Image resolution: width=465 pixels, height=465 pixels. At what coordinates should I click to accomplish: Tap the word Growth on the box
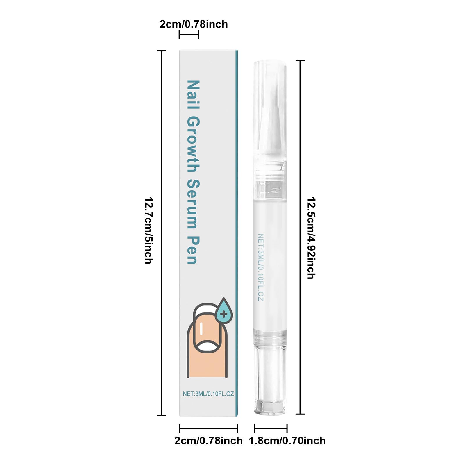pyautogui.click(x=193, y=144)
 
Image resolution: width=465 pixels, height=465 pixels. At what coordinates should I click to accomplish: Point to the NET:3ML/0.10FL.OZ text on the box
pyautogui.click(x=208, y=394)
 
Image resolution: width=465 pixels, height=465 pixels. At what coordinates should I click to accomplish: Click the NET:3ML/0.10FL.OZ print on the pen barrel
pyautogui.click(x=261, y=267)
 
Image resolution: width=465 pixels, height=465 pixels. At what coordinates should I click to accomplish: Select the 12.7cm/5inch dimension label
pyautogui.click(x=149, y=230)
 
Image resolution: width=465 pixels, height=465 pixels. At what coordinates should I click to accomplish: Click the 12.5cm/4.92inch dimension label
pyautogui.click(x=311, y=238)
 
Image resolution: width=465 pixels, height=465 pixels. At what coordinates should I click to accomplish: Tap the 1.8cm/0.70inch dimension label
pyautogui.click(x=287, y=441)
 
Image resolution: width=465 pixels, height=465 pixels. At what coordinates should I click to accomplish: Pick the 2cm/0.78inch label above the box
pyautogui.click(x=194, y=24)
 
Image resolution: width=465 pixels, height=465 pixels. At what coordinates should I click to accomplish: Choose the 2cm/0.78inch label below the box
pyautogui.click(x=208, y=441)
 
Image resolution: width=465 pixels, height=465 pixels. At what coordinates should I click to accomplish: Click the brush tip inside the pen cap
pyautogui.click(x=270, y=116)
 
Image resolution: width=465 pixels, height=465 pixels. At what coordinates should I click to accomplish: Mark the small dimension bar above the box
pyautogui.click(x=189, y=35)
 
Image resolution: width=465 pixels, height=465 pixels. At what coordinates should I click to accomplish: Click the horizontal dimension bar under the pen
pyautogui.click(x=271, y=428)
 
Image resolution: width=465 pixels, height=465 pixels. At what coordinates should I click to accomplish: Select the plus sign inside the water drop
pyautogui.click(x=224, y=314)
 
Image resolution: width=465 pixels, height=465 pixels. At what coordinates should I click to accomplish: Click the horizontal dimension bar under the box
pyautogui.click(x=208, y=428)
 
